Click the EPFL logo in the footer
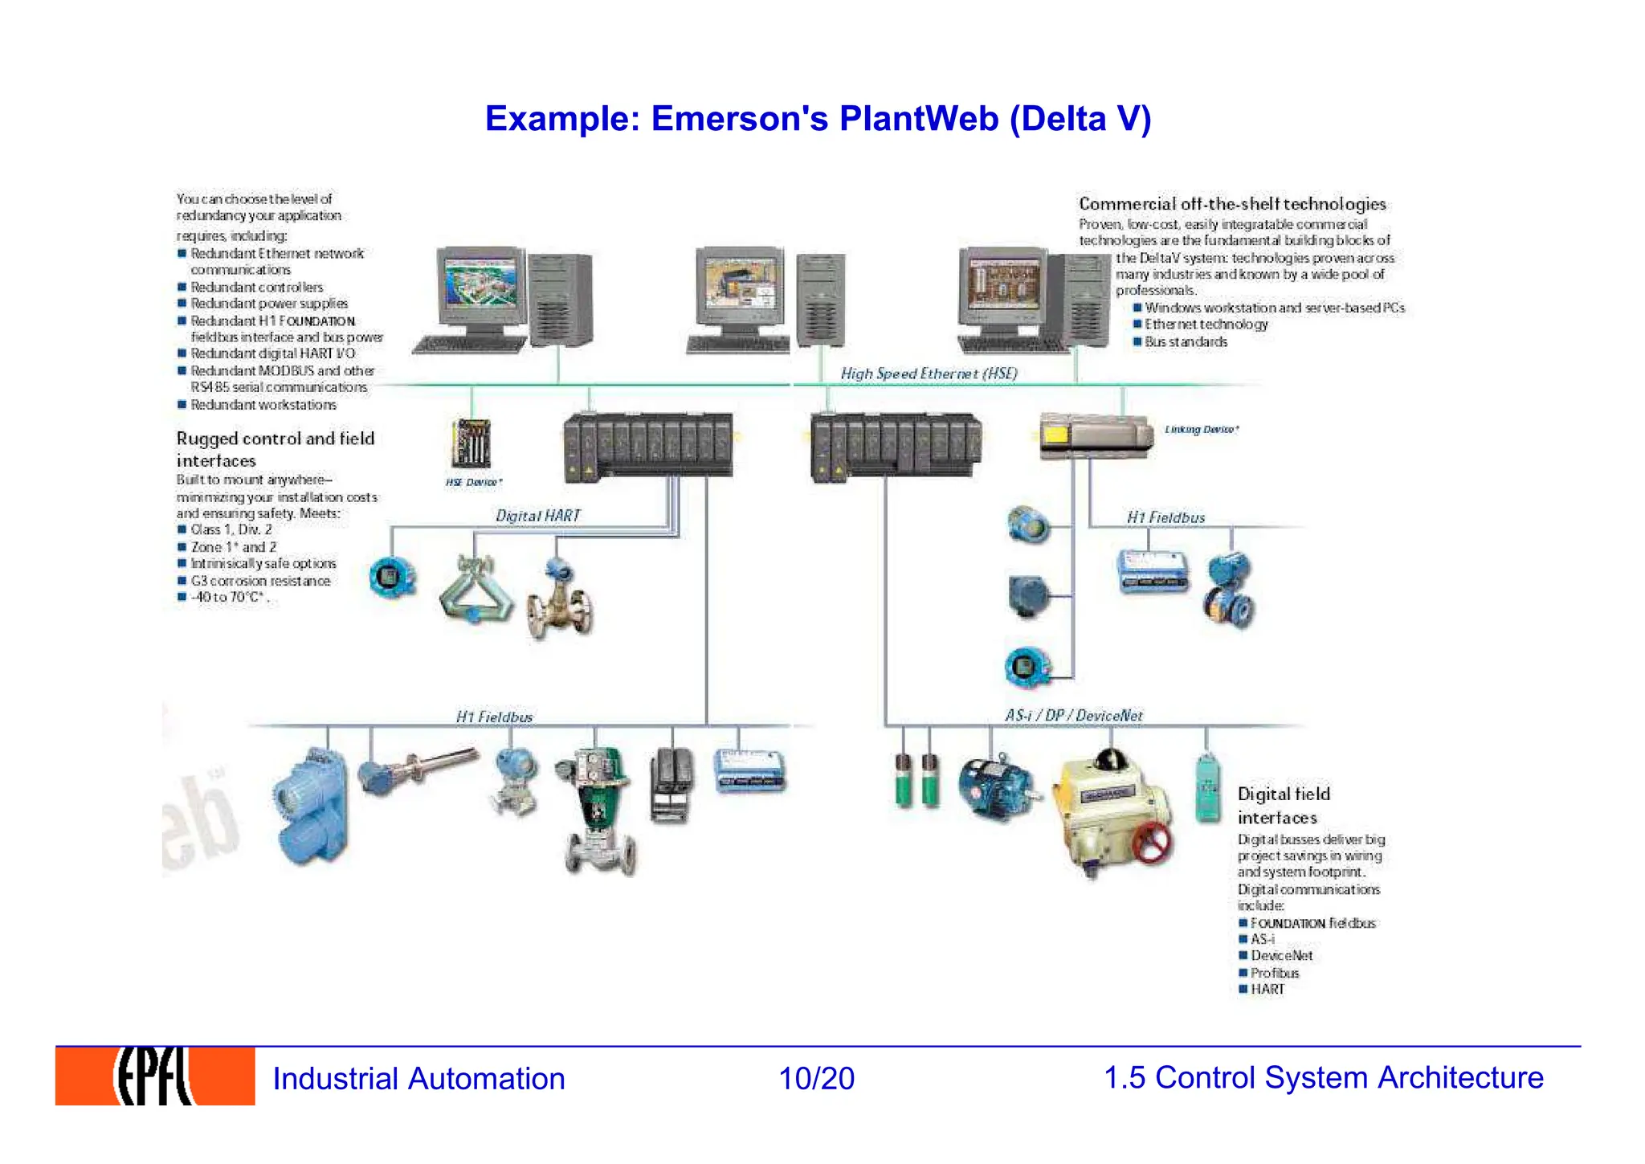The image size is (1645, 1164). (155, 1076)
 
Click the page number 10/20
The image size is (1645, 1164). (816, 1078)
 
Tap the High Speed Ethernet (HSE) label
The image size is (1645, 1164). (929, 374)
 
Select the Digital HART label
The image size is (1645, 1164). (537, 516)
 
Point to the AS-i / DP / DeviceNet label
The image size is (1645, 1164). (1073, 715)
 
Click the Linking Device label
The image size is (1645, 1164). (1201, 430)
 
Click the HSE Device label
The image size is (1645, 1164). (474, 482)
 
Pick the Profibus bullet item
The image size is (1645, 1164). (1274, 973)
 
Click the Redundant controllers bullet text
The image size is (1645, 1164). (256, 287)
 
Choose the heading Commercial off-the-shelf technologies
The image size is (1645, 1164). (1232, 204)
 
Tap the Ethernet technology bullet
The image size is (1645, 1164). (1206, 325)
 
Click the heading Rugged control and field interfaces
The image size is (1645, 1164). (275, 449)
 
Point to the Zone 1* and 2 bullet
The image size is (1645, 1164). (233, 547)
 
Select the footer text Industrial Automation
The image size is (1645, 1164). (418, 1078)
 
